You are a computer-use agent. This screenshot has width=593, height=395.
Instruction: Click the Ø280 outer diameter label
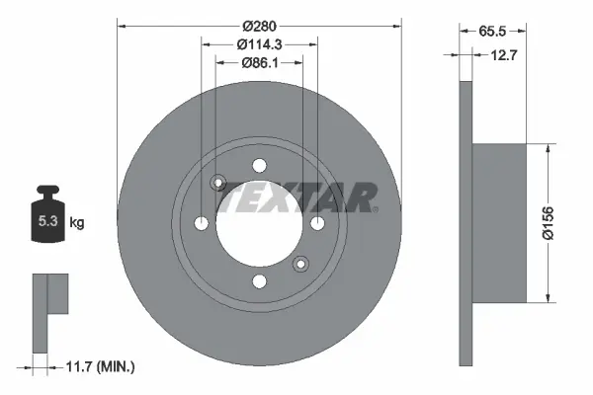pos(259,26)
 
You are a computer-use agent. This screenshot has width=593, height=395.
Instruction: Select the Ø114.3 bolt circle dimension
pos(259,44)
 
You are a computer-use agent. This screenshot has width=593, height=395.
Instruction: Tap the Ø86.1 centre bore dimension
pos(260,63)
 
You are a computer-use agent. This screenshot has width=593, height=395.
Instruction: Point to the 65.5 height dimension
pos(492,31)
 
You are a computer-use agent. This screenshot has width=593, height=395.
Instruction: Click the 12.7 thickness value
pos(503,55)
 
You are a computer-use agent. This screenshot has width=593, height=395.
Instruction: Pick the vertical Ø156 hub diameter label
pos(548,223)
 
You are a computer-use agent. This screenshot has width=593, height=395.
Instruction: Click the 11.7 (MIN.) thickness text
pos(100,366)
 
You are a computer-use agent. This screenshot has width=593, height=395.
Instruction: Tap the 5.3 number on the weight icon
pos(47,221)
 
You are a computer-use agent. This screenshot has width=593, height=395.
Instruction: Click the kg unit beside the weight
pos(77,222)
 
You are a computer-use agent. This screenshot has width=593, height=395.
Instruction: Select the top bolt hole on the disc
pos(259,166)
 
